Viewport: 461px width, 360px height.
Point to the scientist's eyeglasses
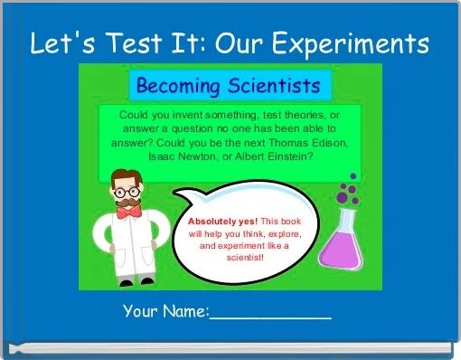pyautogui.click(x=126, y=192)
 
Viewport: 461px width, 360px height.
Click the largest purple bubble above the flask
pyautogui.click(x=343, y=191)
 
